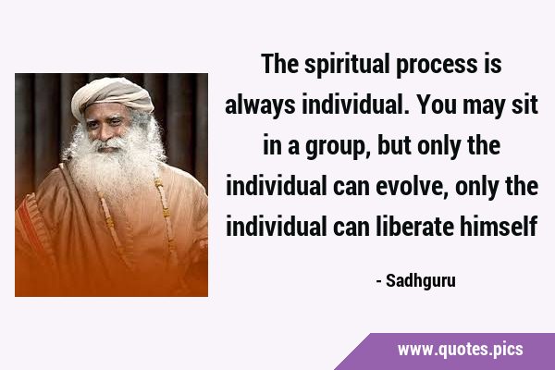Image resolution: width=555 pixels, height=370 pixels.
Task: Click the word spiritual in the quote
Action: tap(346, 65)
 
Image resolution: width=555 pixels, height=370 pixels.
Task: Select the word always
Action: tap(260, 105)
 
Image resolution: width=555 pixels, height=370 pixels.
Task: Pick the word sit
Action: tap(524, 105)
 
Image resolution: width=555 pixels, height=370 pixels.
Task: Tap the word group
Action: tap(334, 148)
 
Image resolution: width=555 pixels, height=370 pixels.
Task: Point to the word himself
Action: tap(499, 227)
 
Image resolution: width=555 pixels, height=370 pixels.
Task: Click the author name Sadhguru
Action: tap(421, 282)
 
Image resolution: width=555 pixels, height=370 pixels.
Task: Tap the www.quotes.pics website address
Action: tap(460, 350)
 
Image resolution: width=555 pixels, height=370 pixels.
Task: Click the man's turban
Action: tap(112, 96)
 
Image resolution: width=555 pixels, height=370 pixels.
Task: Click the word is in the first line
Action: tap(494, 65)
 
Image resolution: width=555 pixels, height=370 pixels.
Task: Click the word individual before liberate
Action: tap(276, 227)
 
